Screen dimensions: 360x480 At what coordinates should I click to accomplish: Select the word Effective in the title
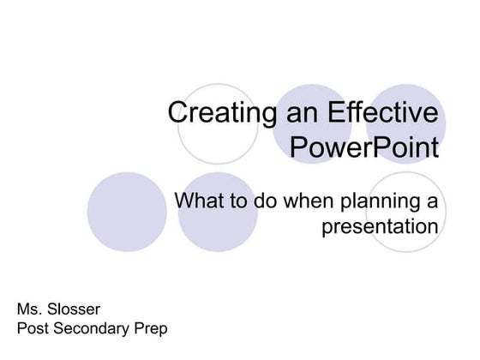click(375, 114)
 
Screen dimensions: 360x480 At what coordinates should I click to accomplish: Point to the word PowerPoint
click(364, 147)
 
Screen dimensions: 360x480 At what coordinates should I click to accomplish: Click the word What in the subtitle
click(201, 202)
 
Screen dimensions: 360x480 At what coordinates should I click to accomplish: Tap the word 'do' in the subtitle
click(265, 202)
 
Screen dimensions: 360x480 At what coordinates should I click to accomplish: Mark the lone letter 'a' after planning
click(431, 203)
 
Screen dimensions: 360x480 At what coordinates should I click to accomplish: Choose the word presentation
click(380, 227)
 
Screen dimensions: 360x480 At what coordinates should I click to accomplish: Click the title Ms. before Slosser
click(30, 308)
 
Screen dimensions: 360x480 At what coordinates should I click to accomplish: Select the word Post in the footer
click(33, 327)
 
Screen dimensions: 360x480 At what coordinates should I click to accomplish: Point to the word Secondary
click(92, 327)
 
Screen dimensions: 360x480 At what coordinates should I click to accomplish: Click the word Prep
click(150, 327)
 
